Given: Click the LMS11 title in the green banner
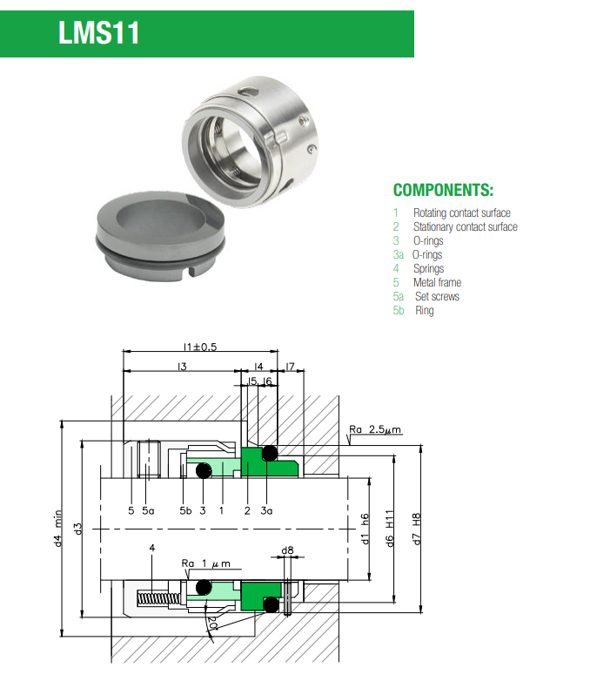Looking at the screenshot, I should [x=98, y=34].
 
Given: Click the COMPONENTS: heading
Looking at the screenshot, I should [x=443, y=190].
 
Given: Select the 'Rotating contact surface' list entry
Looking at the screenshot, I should [x=461, y=212].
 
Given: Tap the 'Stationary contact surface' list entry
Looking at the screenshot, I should [x=465, y=226].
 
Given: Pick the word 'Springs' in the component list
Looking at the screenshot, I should [x=428, y=268].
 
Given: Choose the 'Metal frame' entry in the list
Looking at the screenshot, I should [x=437, y=282].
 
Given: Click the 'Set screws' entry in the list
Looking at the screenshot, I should [x=436, y=296].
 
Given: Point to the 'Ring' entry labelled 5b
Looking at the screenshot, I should [x=424, y=310].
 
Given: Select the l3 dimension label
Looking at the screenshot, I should [x=181, y=367].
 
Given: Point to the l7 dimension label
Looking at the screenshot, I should [x=291, y=367].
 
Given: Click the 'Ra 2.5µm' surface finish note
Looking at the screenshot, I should [x=375, y=430].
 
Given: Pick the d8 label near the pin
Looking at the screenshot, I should [x=287, y=550].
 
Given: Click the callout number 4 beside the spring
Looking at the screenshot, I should [x=152, y=549].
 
